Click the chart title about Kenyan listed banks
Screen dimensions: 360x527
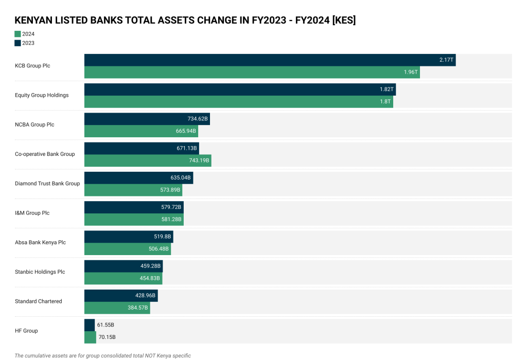[x=185, y=20]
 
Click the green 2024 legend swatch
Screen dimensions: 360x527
[x=18, y=34]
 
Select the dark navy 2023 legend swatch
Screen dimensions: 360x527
[x=18, y=43]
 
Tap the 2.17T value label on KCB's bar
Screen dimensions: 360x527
[x=446, y=60]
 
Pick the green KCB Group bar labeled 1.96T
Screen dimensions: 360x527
[x=252, y=72]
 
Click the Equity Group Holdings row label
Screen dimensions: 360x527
[x=42, y=95]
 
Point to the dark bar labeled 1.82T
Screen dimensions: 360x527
[x=240, y=89]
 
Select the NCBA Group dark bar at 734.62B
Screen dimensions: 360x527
[x=147, y=119]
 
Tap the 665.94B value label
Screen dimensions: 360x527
[x=185, y=131]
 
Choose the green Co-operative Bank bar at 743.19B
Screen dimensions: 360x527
[x=148, y=160]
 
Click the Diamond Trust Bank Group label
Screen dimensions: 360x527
[x=47, y=184]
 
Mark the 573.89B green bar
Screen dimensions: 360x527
[x=133, y=190]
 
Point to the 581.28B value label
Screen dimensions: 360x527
[x=170, y=220]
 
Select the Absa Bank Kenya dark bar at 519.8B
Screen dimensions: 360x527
[x=129, y=237]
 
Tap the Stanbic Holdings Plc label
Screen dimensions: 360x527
[x=40, y=272]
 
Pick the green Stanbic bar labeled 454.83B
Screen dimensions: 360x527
[x=123, y=278]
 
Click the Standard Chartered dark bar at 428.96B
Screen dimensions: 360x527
[x=121, y=296]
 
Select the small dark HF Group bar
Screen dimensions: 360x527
[x=90, y=325]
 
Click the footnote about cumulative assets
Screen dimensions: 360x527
[x=103, y=355]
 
